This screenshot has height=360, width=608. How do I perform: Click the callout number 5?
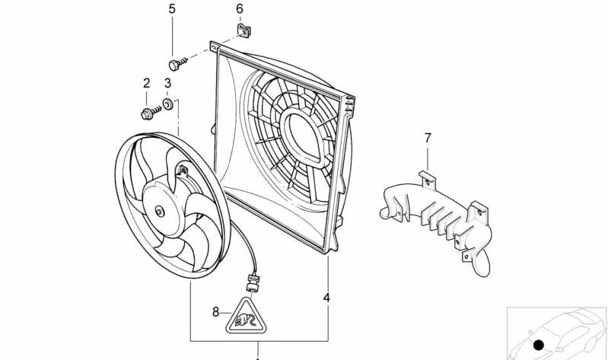[171, 9]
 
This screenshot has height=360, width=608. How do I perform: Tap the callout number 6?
[239, 9]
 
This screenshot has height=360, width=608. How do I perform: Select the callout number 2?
[146, 82]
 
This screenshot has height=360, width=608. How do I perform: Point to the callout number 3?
[167, 82]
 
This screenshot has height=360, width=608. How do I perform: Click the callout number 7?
[428, 138]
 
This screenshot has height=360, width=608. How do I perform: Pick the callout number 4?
[326, 298]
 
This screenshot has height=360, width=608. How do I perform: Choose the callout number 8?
[216, 311]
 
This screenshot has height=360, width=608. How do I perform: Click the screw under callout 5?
[174, 63]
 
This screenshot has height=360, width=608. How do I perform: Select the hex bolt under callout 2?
[148, 113]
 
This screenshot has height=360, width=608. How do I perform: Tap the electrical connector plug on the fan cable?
[252, 287]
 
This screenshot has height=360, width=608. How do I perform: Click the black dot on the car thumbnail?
[540, 345]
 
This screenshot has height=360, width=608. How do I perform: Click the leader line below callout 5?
[171, 34]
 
